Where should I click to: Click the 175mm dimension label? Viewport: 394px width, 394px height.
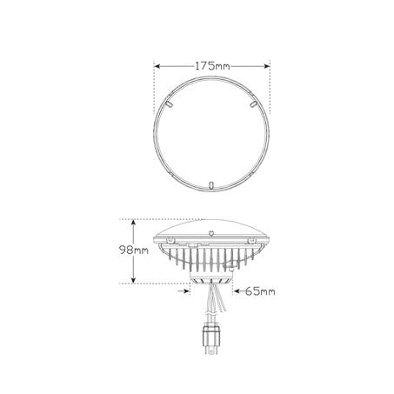point(212,66)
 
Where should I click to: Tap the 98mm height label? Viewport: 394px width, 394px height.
point(134,250)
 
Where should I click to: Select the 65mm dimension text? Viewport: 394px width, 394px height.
point(260,291)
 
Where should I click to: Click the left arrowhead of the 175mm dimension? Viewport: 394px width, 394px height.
point(157,66)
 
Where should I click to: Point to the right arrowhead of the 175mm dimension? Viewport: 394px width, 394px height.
point(266,66)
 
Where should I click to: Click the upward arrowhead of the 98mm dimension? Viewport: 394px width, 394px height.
point(133,223)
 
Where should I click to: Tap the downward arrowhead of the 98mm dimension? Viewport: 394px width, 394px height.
point(133,280)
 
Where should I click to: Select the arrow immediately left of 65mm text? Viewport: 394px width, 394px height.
point(238,290)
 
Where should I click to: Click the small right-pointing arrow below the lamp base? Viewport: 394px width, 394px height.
point(184,290)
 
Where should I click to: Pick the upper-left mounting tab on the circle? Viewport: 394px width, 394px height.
point(169,104)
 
